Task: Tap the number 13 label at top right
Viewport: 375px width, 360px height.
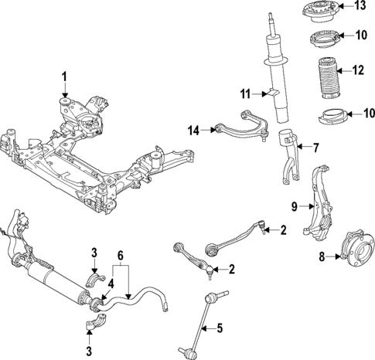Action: click(360, 7)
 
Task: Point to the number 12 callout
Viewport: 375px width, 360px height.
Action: click(357, 70)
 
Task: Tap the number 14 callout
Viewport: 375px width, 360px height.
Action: click(194, 131)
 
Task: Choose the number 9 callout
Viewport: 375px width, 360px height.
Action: click(295, 206)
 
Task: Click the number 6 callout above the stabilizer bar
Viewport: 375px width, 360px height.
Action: click(120, 254)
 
